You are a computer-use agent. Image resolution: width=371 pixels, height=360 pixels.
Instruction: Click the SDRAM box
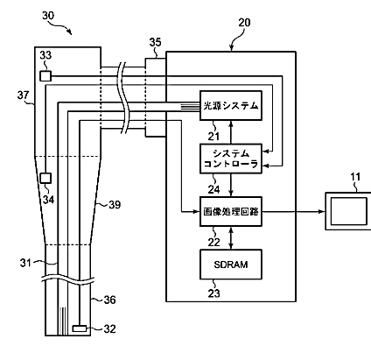pos(231,265)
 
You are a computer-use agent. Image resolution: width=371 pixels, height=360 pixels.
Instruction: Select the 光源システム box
pos(231,105)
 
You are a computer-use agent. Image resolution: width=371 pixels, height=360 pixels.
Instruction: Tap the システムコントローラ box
pos(231,159)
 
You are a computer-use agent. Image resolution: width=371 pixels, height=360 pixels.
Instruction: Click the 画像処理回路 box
pos(231,211)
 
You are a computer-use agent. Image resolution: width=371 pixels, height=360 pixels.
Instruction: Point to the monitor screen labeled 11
pos(348,211)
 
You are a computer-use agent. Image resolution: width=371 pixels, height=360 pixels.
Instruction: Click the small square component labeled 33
pos(45,76)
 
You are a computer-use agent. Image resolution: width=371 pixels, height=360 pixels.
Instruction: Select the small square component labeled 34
pos(45,178)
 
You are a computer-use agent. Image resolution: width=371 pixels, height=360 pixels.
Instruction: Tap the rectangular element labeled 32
pos(80,328)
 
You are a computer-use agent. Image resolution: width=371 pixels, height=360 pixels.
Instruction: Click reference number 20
pos(244,23)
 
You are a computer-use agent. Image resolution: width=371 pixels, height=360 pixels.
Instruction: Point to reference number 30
pos(48,15)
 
